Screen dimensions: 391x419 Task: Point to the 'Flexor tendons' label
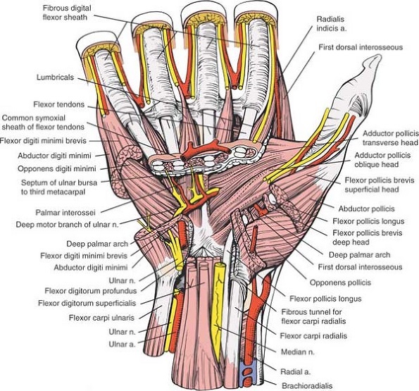tap(62, 104)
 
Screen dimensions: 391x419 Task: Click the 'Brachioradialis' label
tap(308, 385)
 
